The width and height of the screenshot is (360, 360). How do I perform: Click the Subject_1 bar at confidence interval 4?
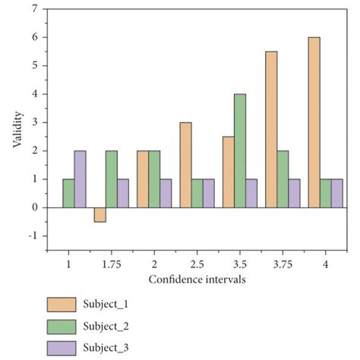click(314, 122)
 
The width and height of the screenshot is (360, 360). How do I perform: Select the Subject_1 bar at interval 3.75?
click(271, 129)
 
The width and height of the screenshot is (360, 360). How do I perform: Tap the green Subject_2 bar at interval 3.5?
click(239, 150)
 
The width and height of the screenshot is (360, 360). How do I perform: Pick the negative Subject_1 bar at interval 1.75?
click(100, 213)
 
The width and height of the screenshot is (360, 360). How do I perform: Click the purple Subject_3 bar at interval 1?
click(79, 178)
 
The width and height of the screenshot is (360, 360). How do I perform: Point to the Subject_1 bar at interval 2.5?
click(185, 164)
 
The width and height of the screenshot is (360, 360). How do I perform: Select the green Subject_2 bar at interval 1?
click(68, 192)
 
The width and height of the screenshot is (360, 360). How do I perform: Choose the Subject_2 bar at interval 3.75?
click(283, 178)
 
